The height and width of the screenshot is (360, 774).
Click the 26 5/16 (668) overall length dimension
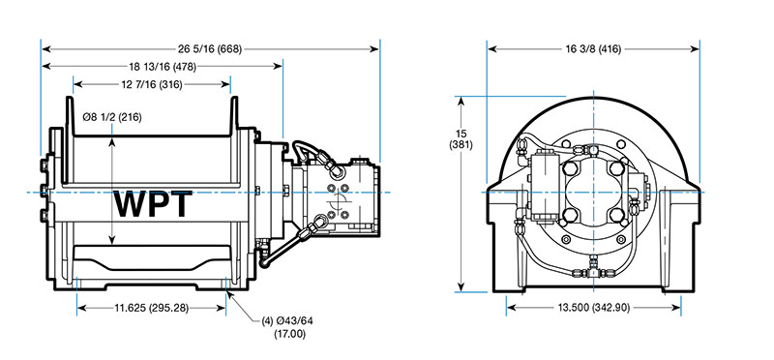click(210, 49)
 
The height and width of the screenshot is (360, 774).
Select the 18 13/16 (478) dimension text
click(163, 66)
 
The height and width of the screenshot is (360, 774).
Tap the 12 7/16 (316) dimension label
click(152, 84)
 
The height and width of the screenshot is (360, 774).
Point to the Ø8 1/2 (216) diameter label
click(112, 117)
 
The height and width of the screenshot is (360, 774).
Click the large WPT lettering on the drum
click(153, 204)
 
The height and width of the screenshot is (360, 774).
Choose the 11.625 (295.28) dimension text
click(152, 308)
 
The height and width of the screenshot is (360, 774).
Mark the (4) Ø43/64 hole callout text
click(287, 321)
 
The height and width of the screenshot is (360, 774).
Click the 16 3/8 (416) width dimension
click(593, 49)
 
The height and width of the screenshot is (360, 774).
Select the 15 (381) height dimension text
click(461, 139)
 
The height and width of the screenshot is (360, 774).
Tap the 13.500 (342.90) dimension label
click(594, 308)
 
